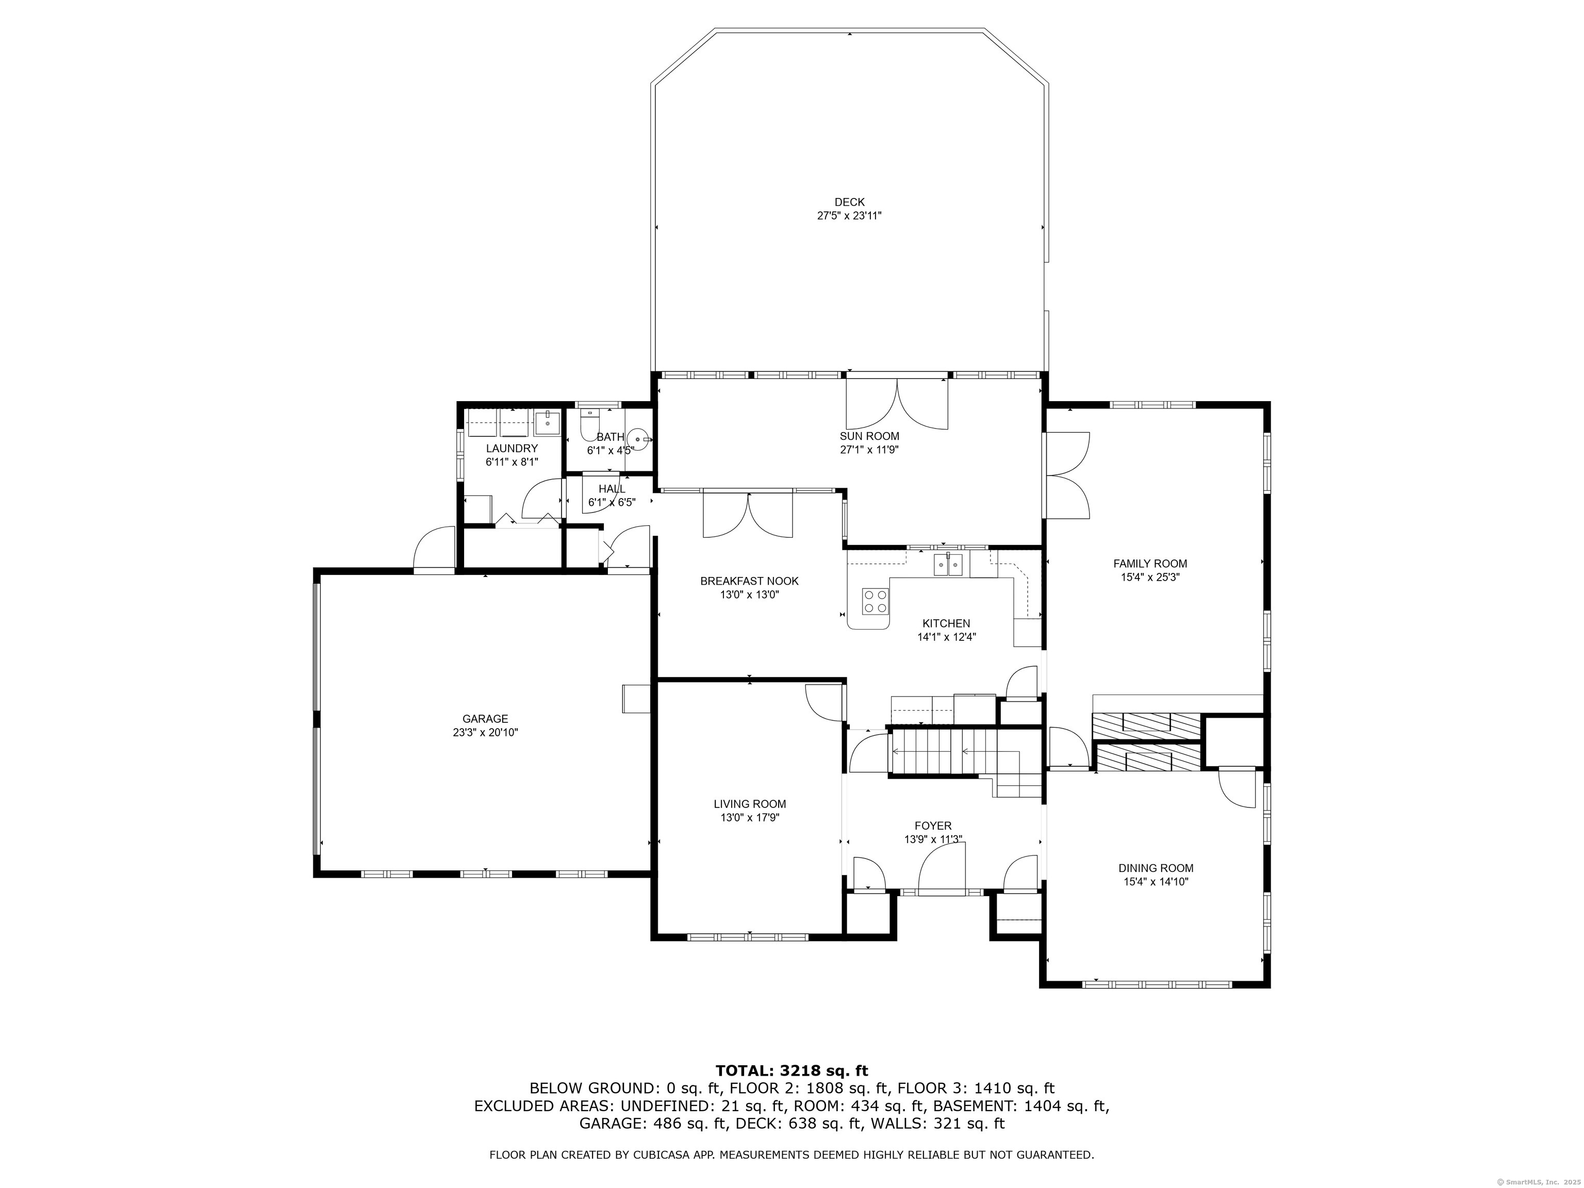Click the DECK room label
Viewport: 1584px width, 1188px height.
849,202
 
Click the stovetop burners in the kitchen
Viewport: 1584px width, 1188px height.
875,601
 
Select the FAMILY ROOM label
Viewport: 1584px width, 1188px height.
1150,564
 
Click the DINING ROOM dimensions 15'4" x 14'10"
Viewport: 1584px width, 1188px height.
1156,882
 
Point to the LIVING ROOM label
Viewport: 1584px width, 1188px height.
750,803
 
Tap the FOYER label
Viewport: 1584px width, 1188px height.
933,826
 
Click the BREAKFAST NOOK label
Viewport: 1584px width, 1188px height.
749,581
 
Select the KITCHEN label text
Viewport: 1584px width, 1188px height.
946,623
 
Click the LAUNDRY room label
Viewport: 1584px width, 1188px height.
511,448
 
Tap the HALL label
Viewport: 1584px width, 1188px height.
612,488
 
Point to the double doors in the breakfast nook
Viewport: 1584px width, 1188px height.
748,514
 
